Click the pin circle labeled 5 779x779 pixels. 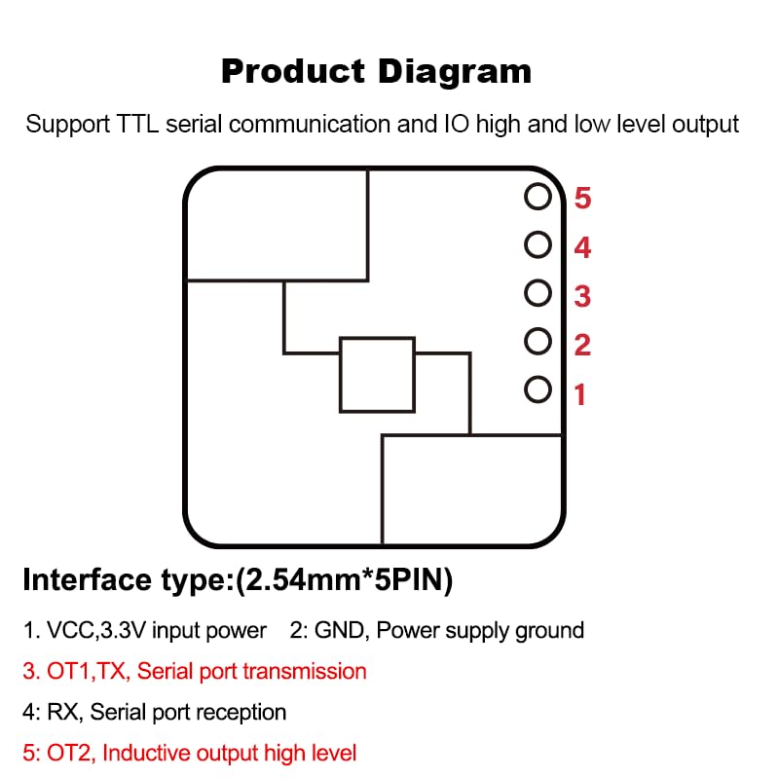tap(538, 198)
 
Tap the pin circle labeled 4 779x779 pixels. tap(538, 245)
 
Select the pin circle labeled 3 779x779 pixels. tap(538, 293)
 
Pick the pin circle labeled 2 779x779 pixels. tap(538, 342)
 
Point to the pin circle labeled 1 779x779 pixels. tap(538, 390)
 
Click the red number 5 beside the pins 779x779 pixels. tap(582, 199)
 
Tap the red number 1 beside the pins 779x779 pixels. tap(580, 395)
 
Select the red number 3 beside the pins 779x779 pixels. tap(582, 295)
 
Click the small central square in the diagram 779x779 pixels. tap(377, 375)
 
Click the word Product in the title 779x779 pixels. tap(293, 71)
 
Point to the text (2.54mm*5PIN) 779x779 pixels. tap(344, 581)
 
